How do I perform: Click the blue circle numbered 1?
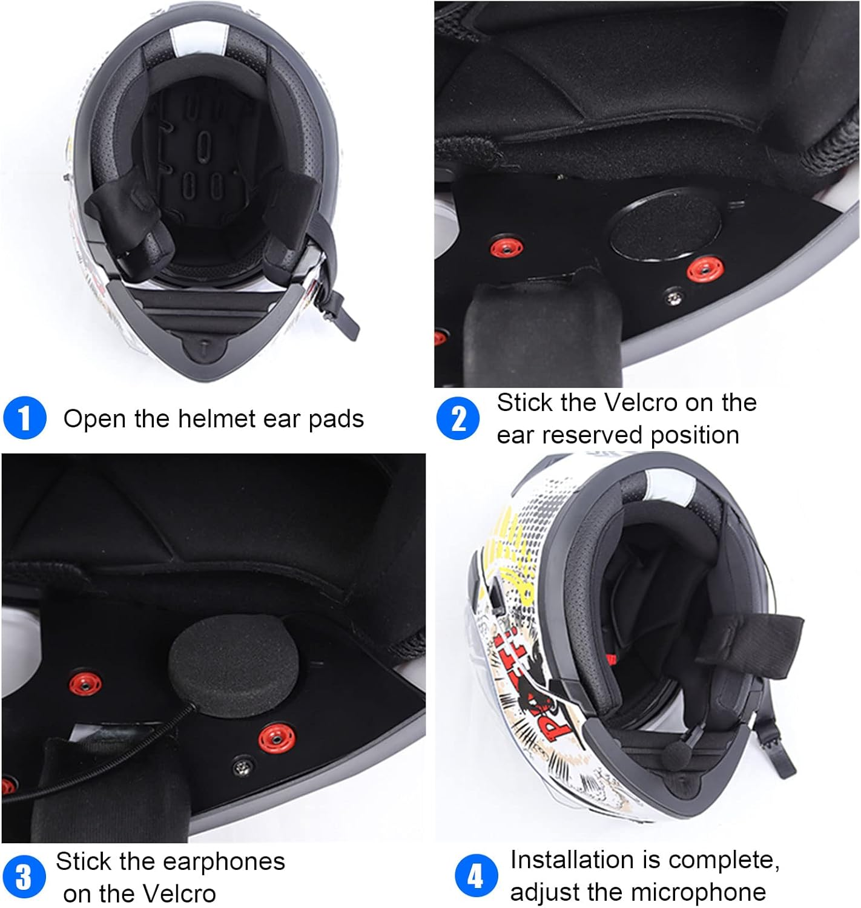(x=24, y=418)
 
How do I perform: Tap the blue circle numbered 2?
(x=457, y=418)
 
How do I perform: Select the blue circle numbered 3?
(x=24, y=877)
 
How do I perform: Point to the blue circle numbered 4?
(x=476, y=876)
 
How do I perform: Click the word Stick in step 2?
(x=525, y=403)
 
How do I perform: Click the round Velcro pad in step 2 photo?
(x=665, y=225)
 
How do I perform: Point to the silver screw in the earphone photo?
(x=242, y=768)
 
